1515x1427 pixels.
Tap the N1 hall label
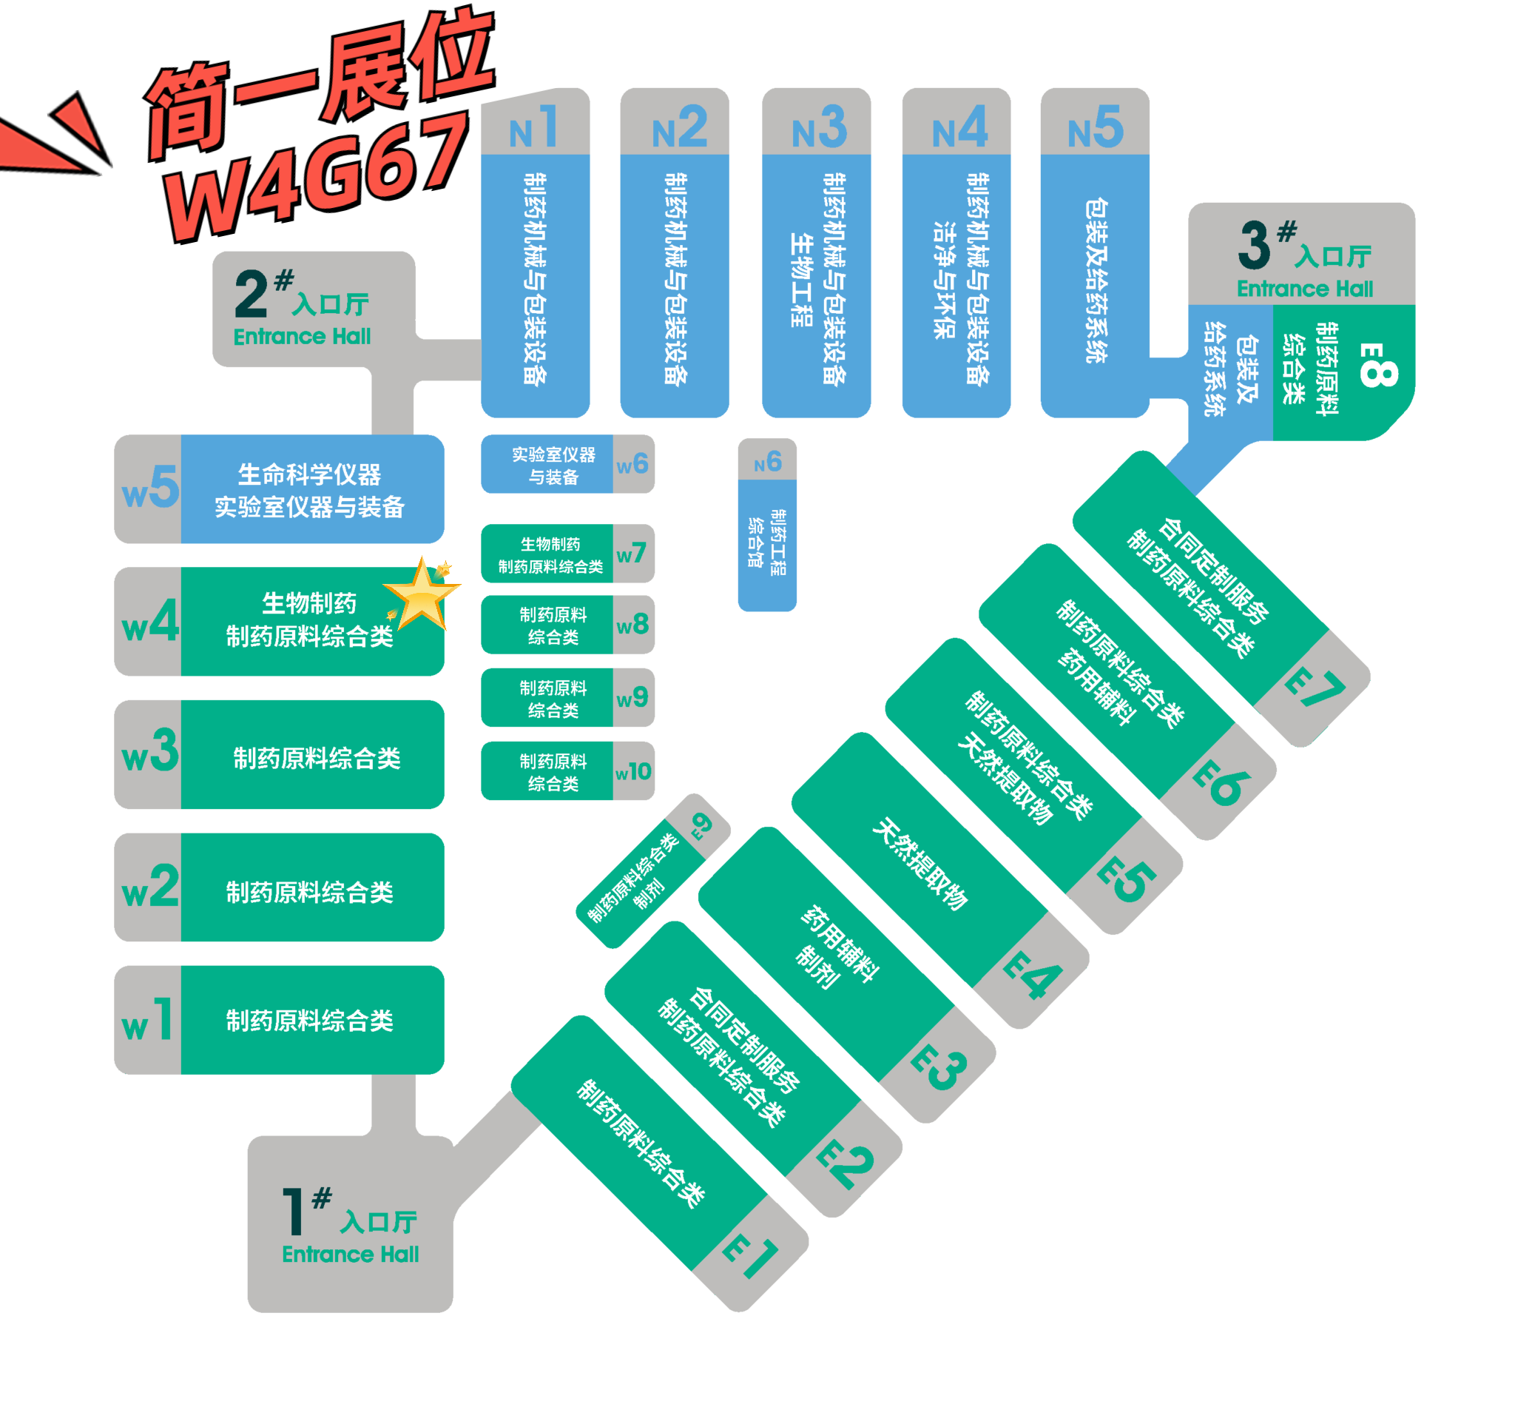pyautogui.click(x=534, y=127)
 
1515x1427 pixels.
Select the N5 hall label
pyautogui.click(x=1095, y=127)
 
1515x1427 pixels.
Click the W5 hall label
pyautogui.click(x=150, y=488)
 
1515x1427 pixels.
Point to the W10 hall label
pyautogui.click(x=632, y=771)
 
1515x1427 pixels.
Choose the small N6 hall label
pyautogui.click(x=767, y=461)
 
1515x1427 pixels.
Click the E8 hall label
pyautogui.click(x=1378, y=364)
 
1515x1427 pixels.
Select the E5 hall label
pyautogui.click(x=1127, y=878)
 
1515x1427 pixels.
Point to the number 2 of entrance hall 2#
pyautogui.click(x=251, y=295)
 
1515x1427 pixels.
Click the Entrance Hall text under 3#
pyautogui.click(x=1305, y=289)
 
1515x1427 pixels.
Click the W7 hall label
pyautogui.click(x=632, y=553)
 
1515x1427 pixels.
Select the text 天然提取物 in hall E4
pyautogui.click(x=920, y=864)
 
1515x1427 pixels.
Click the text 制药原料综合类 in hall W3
pyautogui.click(x=317, y=758)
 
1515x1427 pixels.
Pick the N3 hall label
pyautogui.click(x=819, y=127)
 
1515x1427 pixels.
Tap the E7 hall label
pyautogui.click(x=1314, y=688)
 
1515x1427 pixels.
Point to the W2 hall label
pyautogui.click(x=150, y=887)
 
